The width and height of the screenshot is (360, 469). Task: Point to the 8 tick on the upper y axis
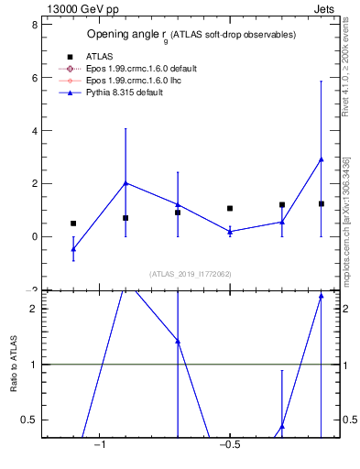pos(34,25)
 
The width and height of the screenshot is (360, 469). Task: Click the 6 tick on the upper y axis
pos(34,78)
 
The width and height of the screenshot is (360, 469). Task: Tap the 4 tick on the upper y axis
pos(34,131)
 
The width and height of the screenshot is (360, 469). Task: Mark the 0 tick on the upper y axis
pos(34,236)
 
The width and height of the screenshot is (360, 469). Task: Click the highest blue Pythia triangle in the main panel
pos(321,159)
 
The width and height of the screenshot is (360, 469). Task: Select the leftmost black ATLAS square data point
pos(73,223)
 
